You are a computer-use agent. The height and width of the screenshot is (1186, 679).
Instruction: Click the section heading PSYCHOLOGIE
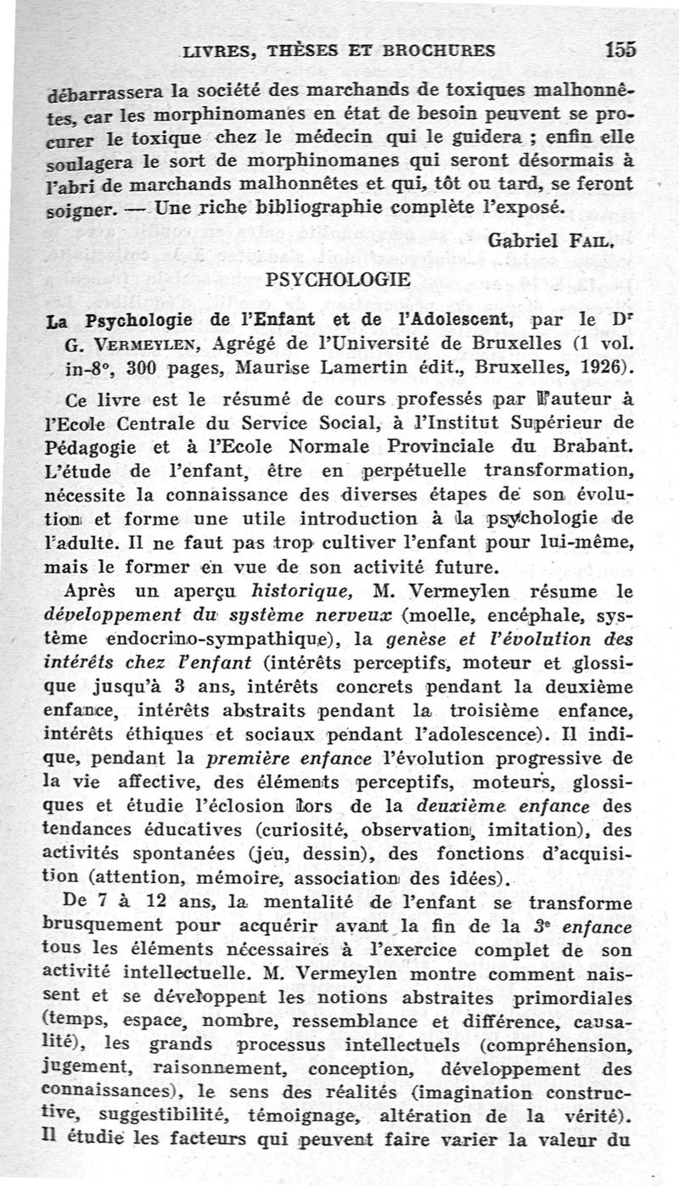click(338, 278)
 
